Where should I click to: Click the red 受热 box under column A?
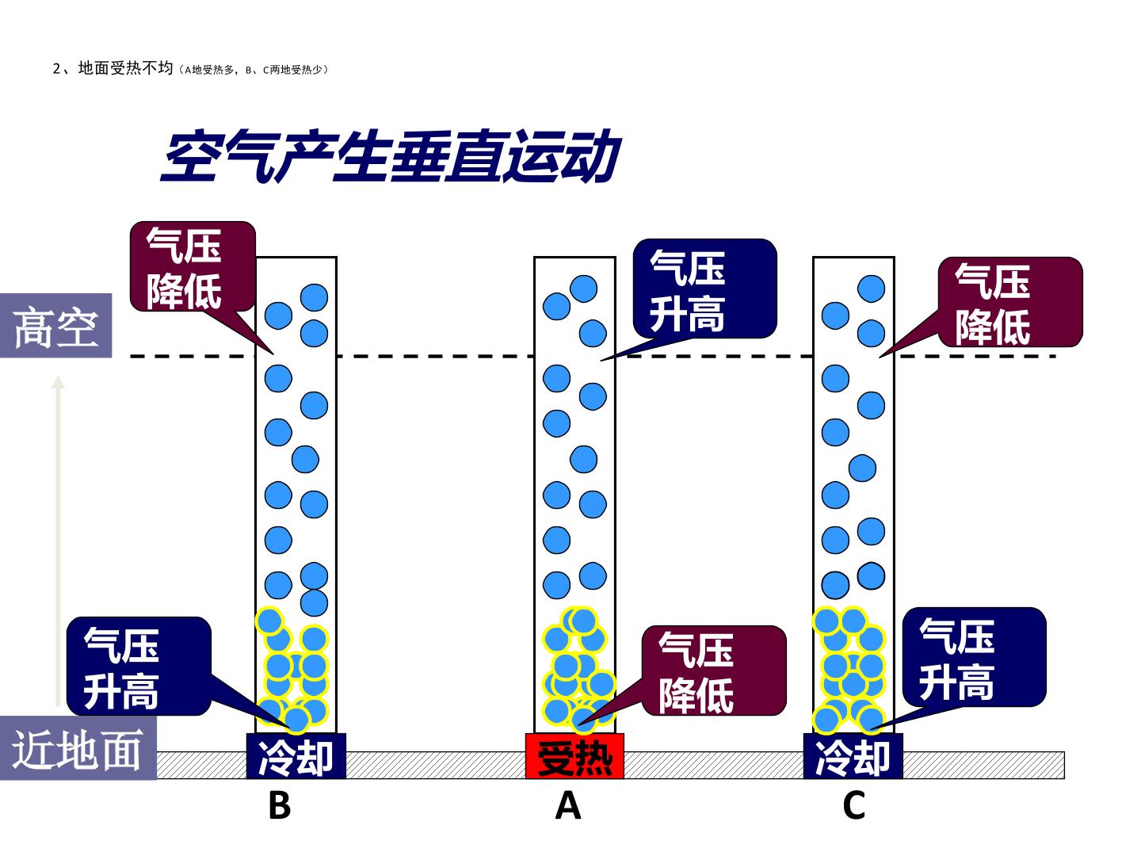pos(574,756)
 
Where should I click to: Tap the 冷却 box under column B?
pos(296,756)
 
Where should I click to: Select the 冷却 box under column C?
pos(853,756)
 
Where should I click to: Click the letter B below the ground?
pos(280,805)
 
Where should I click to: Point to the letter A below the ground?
pos(568,805)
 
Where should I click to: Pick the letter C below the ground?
pos(854,805)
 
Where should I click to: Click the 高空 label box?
pos(55,325)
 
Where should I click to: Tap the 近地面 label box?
pos(78,748)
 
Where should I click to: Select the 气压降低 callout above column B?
pos(193,266)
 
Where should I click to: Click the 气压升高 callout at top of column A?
pos(704,289)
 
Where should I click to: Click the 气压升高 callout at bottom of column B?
pos(139,667)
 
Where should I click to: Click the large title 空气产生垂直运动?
pos(391,156)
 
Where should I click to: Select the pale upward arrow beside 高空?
pos(58,541)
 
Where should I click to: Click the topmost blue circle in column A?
pos(583,289)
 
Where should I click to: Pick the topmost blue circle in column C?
pos(872,289)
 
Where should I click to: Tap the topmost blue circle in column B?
pos(314,297)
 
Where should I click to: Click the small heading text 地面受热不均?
pos(125,68)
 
